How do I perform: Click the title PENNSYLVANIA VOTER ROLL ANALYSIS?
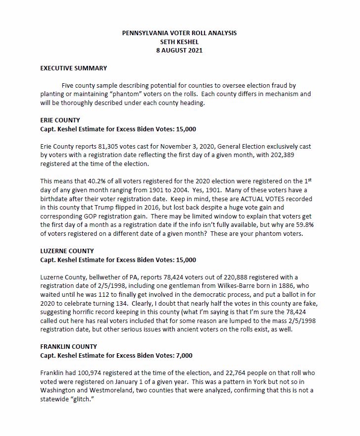pyautogui.click(x=179, y=33)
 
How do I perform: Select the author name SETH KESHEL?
pyautogui.click(x=179, y=42)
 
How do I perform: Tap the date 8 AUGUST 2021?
pyautogui.click(x=179, y=51)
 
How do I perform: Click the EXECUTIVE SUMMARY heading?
pyautogui.click(x=73, y=68)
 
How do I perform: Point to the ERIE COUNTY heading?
pyautogui.click(x=60, y=120)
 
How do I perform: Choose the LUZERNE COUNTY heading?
pyautogui.click(x=67, y=251)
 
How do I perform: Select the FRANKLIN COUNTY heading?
pyautogui.click(x=68, y=347)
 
